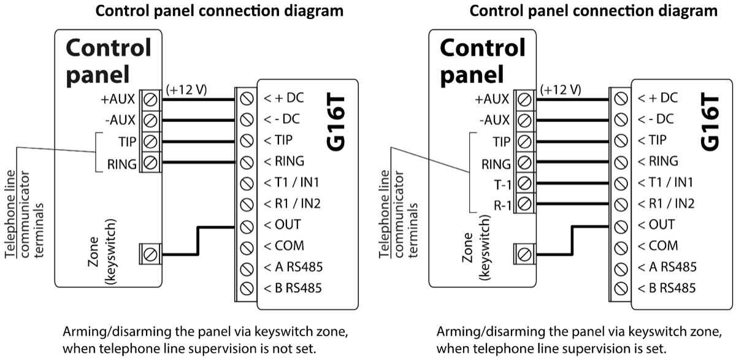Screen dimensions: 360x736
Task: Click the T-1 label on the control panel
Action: click(x=501, y=183)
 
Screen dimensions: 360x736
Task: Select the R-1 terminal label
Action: click(x=500, y=204)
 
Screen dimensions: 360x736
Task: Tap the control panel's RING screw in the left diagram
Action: click(x=149, y=163)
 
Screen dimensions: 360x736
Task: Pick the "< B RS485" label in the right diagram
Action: click(x=667, y=288)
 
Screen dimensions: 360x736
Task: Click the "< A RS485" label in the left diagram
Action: click(x=293, y=267)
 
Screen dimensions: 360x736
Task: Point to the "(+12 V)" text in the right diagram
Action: click(x=561, y=90)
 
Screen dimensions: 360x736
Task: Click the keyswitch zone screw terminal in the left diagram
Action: click(x=149, y=253)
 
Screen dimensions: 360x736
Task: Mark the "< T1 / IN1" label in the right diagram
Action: click(x=665, y=182)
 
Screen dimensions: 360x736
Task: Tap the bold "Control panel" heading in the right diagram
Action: click(x=483, y=61)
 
